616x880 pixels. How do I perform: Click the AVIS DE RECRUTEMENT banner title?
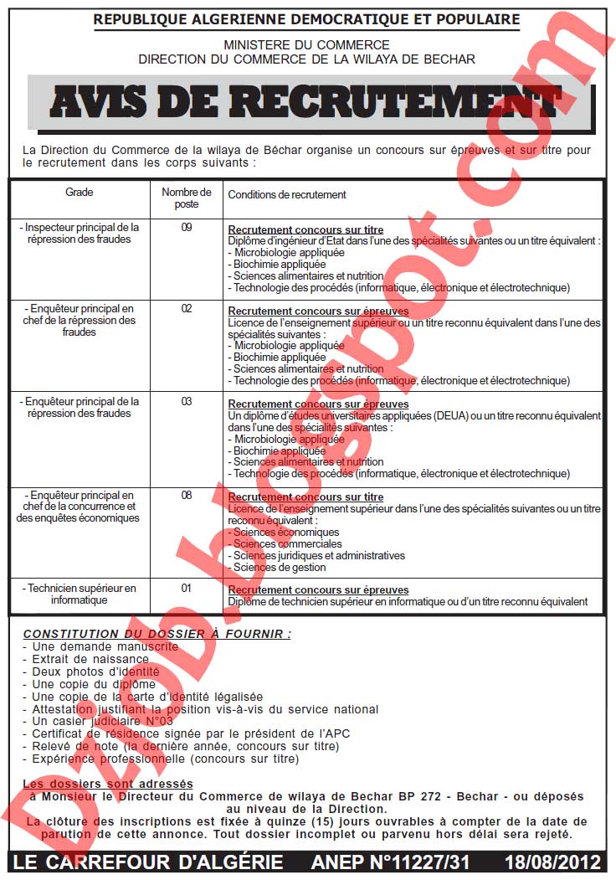pos(306,102)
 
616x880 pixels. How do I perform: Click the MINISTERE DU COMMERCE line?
pos(306,45)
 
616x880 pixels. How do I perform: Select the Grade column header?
pos(80,193)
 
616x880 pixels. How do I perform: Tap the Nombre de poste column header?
pos(187,198)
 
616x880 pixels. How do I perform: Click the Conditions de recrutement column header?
pos(287,195)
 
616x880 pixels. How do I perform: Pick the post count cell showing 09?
pos(187,227)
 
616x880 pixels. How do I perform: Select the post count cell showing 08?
pos(187,496)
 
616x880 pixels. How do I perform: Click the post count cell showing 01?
pos(187,589)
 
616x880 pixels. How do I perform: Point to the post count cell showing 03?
pos(187,402)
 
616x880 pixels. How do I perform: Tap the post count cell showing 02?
pos(187,309)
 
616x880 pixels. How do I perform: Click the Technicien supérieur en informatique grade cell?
pos(80,594)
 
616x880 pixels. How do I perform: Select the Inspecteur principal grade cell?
pos(80,233)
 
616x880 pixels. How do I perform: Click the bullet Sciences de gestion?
pos(280,568)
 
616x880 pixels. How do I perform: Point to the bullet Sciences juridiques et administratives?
pos(318,556)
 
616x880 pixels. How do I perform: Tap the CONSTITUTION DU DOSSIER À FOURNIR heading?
pos(157,635)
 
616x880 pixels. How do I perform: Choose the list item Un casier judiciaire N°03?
pos(102,721)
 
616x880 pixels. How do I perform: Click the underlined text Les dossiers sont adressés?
pos(108,785)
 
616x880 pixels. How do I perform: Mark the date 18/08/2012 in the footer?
pos(552,862)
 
